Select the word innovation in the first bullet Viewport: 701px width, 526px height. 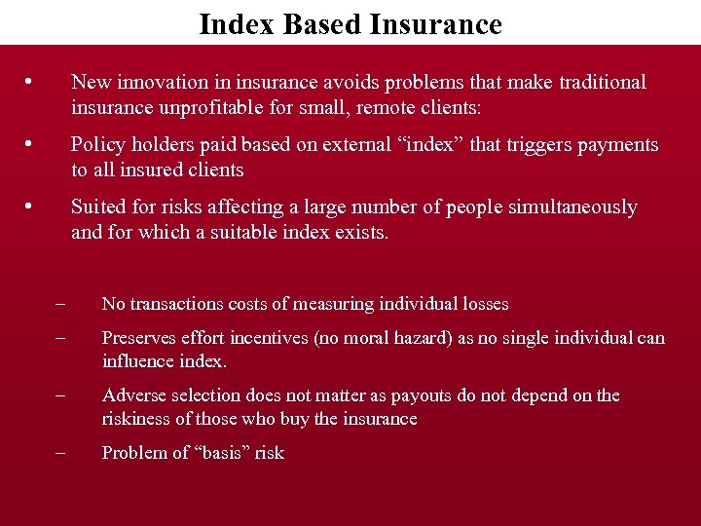pyautogui.click(x=160, y=82)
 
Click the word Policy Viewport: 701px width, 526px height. pyautogui.click(x=97, y=145)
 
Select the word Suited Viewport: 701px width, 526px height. pyautogui.click(x=97, y=207)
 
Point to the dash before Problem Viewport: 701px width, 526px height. pyautogui.click(x=60, y=453)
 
